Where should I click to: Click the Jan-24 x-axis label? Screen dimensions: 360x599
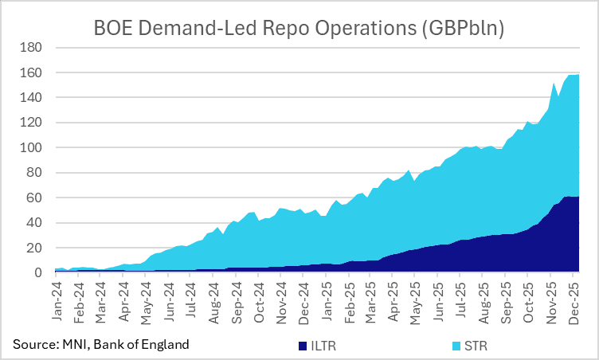(x=57, y=301)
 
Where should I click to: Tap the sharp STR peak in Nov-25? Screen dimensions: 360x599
(x=554, y=82)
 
